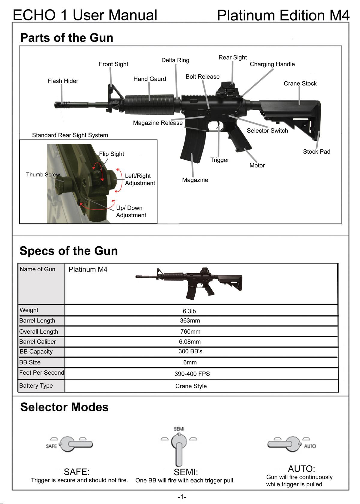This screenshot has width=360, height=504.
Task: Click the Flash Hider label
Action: (63, 81)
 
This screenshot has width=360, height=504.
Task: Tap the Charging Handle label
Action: (272, 64)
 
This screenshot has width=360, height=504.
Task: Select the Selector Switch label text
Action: (267, 131)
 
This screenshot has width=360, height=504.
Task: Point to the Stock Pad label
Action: (316, 152)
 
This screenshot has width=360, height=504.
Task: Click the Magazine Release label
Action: (158, 123)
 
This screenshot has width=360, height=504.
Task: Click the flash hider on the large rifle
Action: (61, 105)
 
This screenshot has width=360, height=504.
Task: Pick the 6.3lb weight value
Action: (189, 311)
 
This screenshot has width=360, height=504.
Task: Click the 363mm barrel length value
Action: (190, 321)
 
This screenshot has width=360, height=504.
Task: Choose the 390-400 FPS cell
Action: (192, 374)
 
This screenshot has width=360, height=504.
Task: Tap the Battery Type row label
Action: (36, 386)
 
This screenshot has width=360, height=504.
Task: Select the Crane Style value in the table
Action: (191, 386)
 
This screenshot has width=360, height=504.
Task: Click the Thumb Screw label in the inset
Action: (43, 175)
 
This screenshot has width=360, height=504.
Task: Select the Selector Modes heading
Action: (64, 407)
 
